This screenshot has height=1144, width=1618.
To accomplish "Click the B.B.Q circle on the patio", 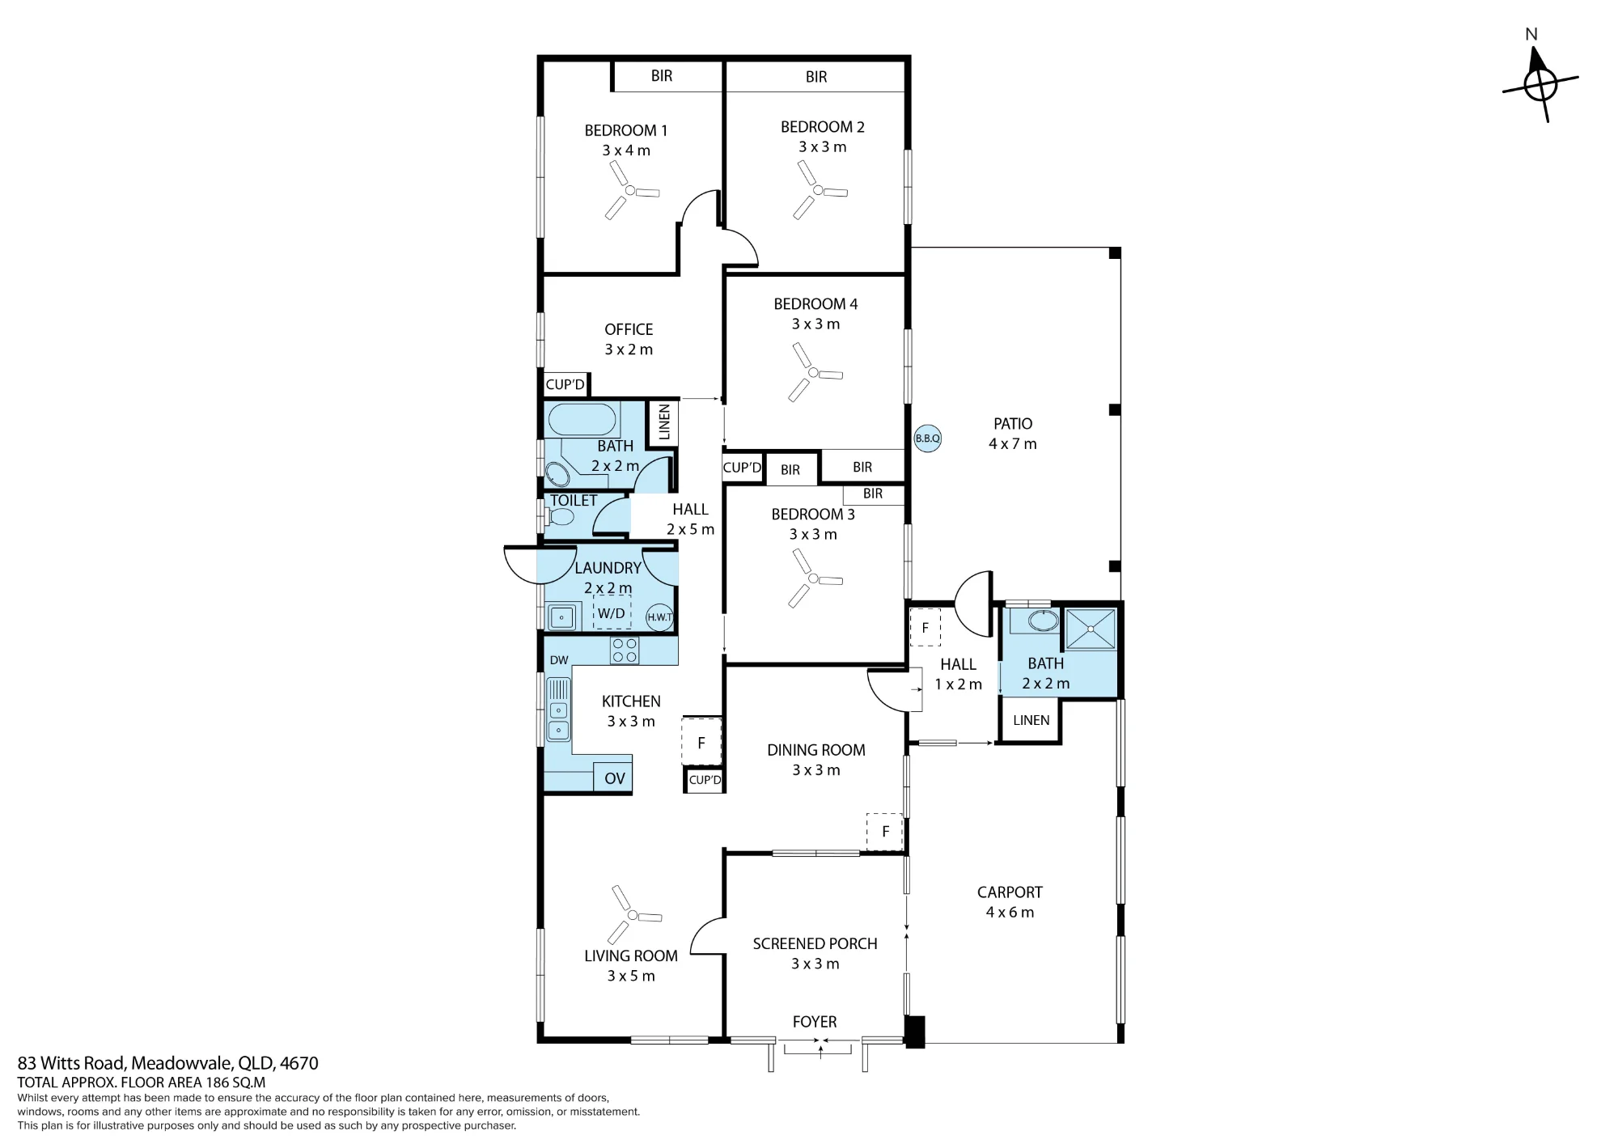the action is coord(927,439).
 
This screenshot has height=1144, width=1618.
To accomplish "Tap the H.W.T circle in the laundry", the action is coord(659,617).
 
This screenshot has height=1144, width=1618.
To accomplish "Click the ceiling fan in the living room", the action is coord(633,915).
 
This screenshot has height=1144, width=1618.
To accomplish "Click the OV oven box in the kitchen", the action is coord(613,778).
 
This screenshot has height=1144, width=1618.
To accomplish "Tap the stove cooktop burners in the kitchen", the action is coord(625,650).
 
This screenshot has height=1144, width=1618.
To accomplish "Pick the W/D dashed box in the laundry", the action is coord(612,613).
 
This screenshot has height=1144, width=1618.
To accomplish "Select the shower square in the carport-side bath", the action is coord(1091,629).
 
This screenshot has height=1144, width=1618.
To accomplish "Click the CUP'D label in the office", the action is coord(565,384).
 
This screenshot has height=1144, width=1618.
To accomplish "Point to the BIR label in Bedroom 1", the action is coord(662,76).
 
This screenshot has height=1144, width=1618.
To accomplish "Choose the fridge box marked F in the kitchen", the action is coord(701,742).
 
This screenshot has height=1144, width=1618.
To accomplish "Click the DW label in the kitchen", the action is coord(559,660).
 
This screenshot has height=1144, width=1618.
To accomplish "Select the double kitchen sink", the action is coord(558,710).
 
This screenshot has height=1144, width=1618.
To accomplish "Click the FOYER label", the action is coord(815,1022).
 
